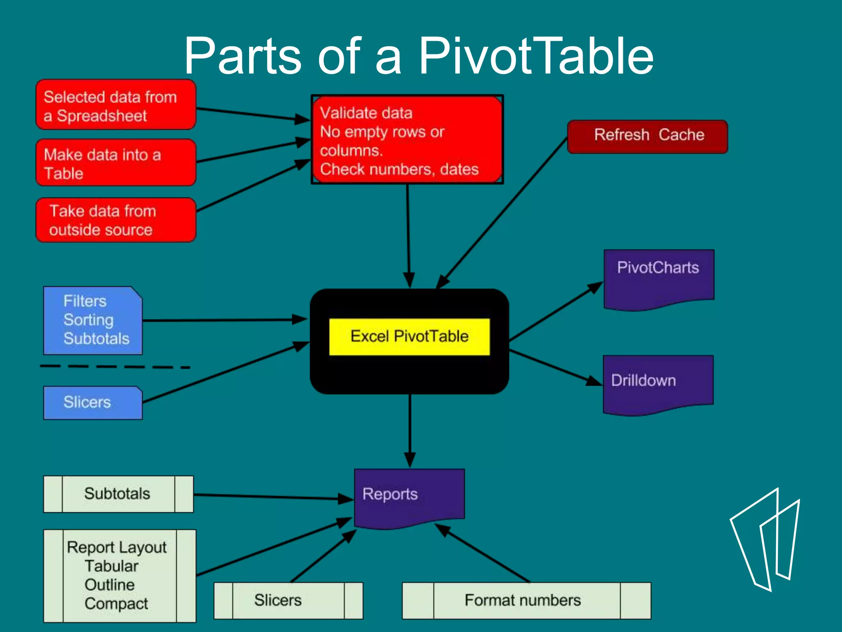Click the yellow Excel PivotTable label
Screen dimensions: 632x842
coord(409,337)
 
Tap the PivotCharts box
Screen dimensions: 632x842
coord(659,278)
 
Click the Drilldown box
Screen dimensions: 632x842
coord(658,383)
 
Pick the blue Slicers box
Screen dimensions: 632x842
coord(93,403)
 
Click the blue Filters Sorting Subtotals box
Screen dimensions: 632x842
coord(93,321)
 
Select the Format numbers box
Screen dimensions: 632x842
coord(526,600)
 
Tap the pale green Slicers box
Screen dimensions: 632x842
coord(288,600)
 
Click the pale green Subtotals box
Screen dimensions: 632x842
coord(118,494)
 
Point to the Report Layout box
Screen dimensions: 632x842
coord(119,576)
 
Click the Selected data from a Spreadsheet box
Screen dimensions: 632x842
coord(116,105)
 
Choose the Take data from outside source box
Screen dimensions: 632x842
coord(116,220)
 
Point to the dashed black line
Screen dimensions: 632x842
coord(115,366)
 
